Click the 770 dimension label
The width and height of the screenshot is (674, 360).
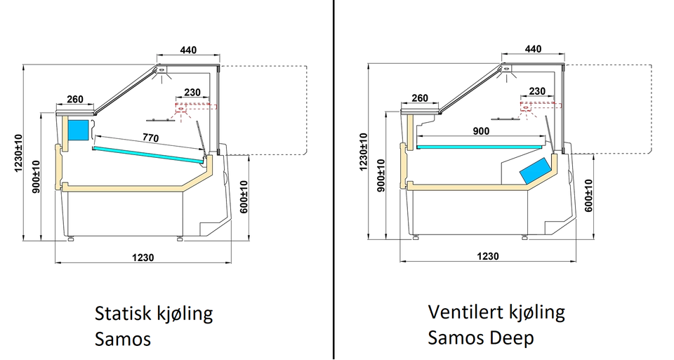point(150,138)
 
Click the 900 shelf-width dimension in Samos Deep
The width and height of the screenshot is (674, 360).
point(480,131)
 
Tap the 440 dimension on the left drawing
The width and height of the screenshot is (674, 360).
point(188,50)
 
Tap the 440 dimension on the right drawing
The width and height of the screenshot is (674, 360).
point(533,49)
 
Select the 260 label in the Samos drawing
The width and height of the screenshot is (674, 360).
point(75,99)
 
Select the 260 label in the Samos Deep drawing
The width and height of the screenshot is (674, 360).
point(420,98)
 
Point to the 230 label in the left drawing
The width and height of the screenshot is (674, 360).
point(192,93)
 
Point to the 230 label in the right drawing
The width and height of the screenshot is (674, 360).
point(537,91)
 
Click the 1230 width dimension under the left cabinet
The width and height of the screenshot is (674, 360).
point(143,258)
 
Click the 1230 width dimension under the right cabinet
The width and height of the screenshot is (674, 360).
point(488,256)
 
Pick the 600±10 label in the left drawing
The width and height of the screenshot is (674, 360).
point(244,197)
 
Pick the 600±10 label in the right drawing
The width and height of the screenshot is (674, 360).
point(588,196)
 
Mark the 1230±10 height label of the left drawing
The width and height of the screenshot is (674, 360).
point(19,154)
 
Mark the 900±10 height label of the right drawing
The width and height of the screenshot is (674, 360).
point(381,175)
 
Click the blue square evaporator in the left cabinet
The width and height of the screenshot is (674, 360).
point(78,130)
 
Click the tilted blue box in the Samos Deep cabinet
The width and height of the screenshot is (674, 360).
point(535,170)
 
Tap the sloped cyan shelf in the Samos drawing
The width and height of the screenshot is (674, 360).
point(148,155)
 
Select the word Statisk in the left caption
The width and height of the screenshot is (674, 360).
point(122,314)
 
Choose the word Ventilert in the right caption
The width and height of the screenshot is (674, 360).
point(465,312)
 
